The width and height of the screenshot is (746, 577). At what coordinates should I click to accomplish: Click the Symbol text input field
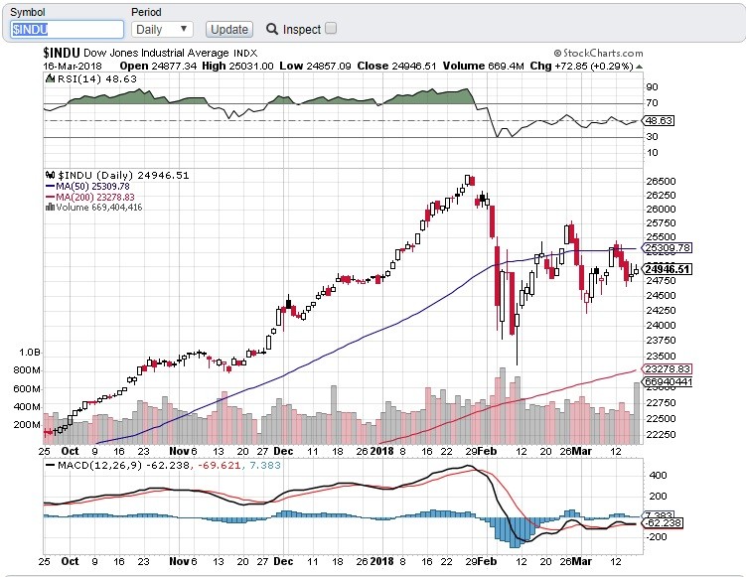[x=67, y=29]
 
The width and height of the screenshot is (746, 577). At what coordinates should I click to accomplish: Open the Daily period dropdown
[x=162, y=29]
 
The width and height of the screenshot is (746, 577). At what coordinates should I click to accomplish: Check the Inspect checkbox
[x=331, y=29]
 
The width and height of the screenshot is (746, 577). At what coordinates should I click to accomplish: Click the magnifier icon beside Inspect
[x=272, y=29]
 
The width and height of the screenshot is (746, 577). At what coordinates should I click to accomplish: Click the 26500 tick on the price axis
[x=661, y=181]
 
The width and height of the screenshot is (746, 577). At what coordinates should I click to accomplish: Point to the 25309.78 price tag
[x=667, y=247]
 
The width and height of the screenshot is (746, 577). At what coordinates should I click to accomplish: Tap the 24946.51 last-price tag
[x=667, y=269]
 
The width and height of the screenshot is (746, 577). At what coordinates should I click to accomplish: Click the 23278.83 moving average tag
[x=667, y=368]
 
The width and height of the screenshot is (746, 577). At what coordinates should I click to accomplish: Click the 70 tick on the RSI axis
[x=652, y=102]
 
